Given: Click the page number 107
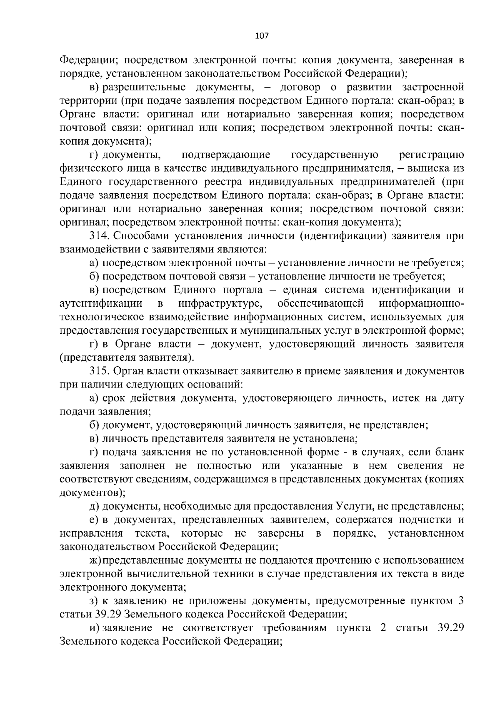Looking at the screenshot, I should [262, 35].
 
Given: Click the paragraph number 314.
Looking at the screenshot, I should [99, 236].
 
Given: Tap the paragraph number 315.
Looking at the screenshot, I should [99, 371].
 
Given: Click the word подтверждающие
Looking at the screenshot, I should [226, 155].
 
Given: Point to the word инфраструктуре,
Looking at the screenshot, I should [220, 303].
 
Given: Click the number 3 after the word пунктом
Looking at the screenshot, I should [461, 601].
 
